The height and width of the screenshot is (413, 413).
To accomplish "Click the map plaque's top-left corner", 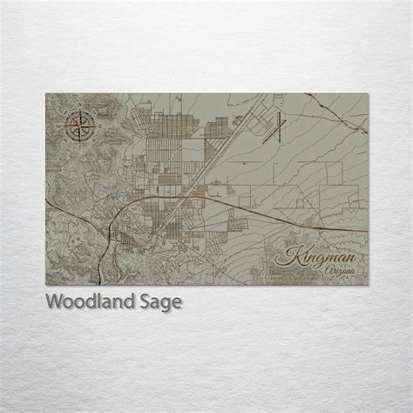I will pos(45,91).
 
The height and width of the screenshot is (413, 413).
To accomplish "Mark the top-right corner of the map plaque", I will pos(366,91).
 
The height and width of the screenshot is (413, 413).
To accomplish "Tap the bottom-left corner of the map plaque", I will pos(45,286).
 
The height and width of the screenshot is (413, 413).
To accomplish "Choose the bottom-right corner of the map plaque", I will pos(366,286).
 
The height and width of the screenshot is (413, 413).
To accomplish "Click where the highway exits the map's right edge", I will pos(365,230).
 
